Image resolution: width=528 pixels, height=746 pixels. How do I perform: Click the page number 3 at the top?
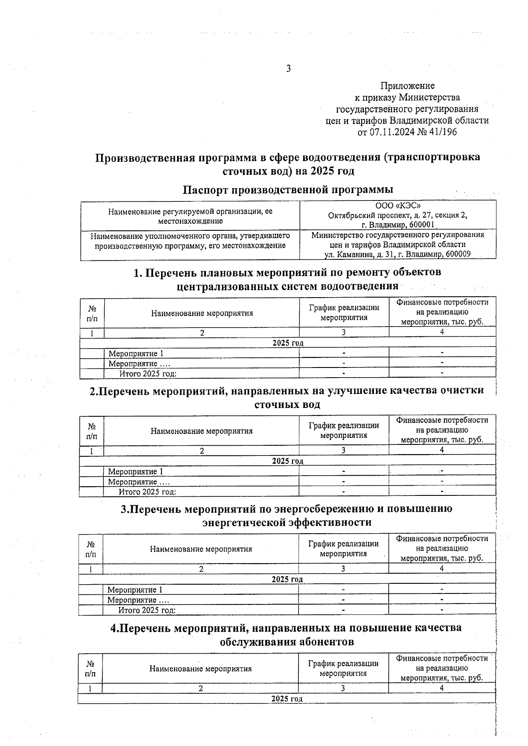click(x=288, y=69)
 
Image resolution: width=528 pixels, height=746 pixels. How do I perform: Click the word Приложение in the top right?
click(x=407, y=86)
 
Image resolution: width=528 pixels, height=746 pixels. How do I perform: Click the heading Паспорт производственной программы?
click(x=288, y=189)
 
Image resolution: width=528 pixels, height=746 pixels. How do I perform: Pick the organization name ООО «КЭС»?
click(x=398, y=206)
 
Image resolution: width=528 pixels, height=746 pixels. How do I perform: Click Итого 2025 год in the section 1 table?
click(x=148, y=374)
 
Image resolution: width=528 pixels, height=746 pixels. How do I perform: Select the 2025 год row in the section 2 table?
click(x=287, y=461)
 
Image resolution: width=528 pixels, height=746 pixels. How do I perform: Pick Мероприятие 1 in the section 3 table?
click(x=135, y=590)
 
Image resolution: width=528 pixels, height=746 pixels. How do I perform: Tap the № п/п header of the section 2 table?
click(x=92, y=431)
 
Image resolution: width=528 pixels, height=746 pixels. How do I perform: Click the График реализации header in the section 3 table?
click(x=343, y=549)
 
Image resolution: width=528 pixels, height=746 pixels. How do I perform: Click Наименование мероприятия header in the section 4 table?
click(x=200, y=669)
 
